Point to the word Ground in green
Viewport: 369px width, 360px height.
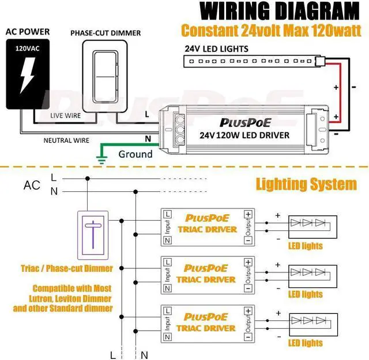point(135,154)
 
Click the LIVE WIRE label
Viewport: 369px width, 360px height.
point(64,116)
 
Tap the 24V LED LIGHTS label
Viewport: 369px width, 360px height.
point(216,48)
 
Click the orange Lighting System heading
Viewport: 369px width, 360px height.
point(306,184)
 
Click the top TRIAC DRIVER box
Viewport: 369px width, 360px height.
point(208,225)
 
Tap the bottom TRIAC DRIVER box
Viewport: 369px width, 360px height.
point(208,323)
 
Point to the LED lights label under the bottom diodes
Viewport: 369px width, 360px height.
point(305,343)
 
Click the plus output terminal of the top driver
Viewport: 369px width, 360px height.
point(248,214)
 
